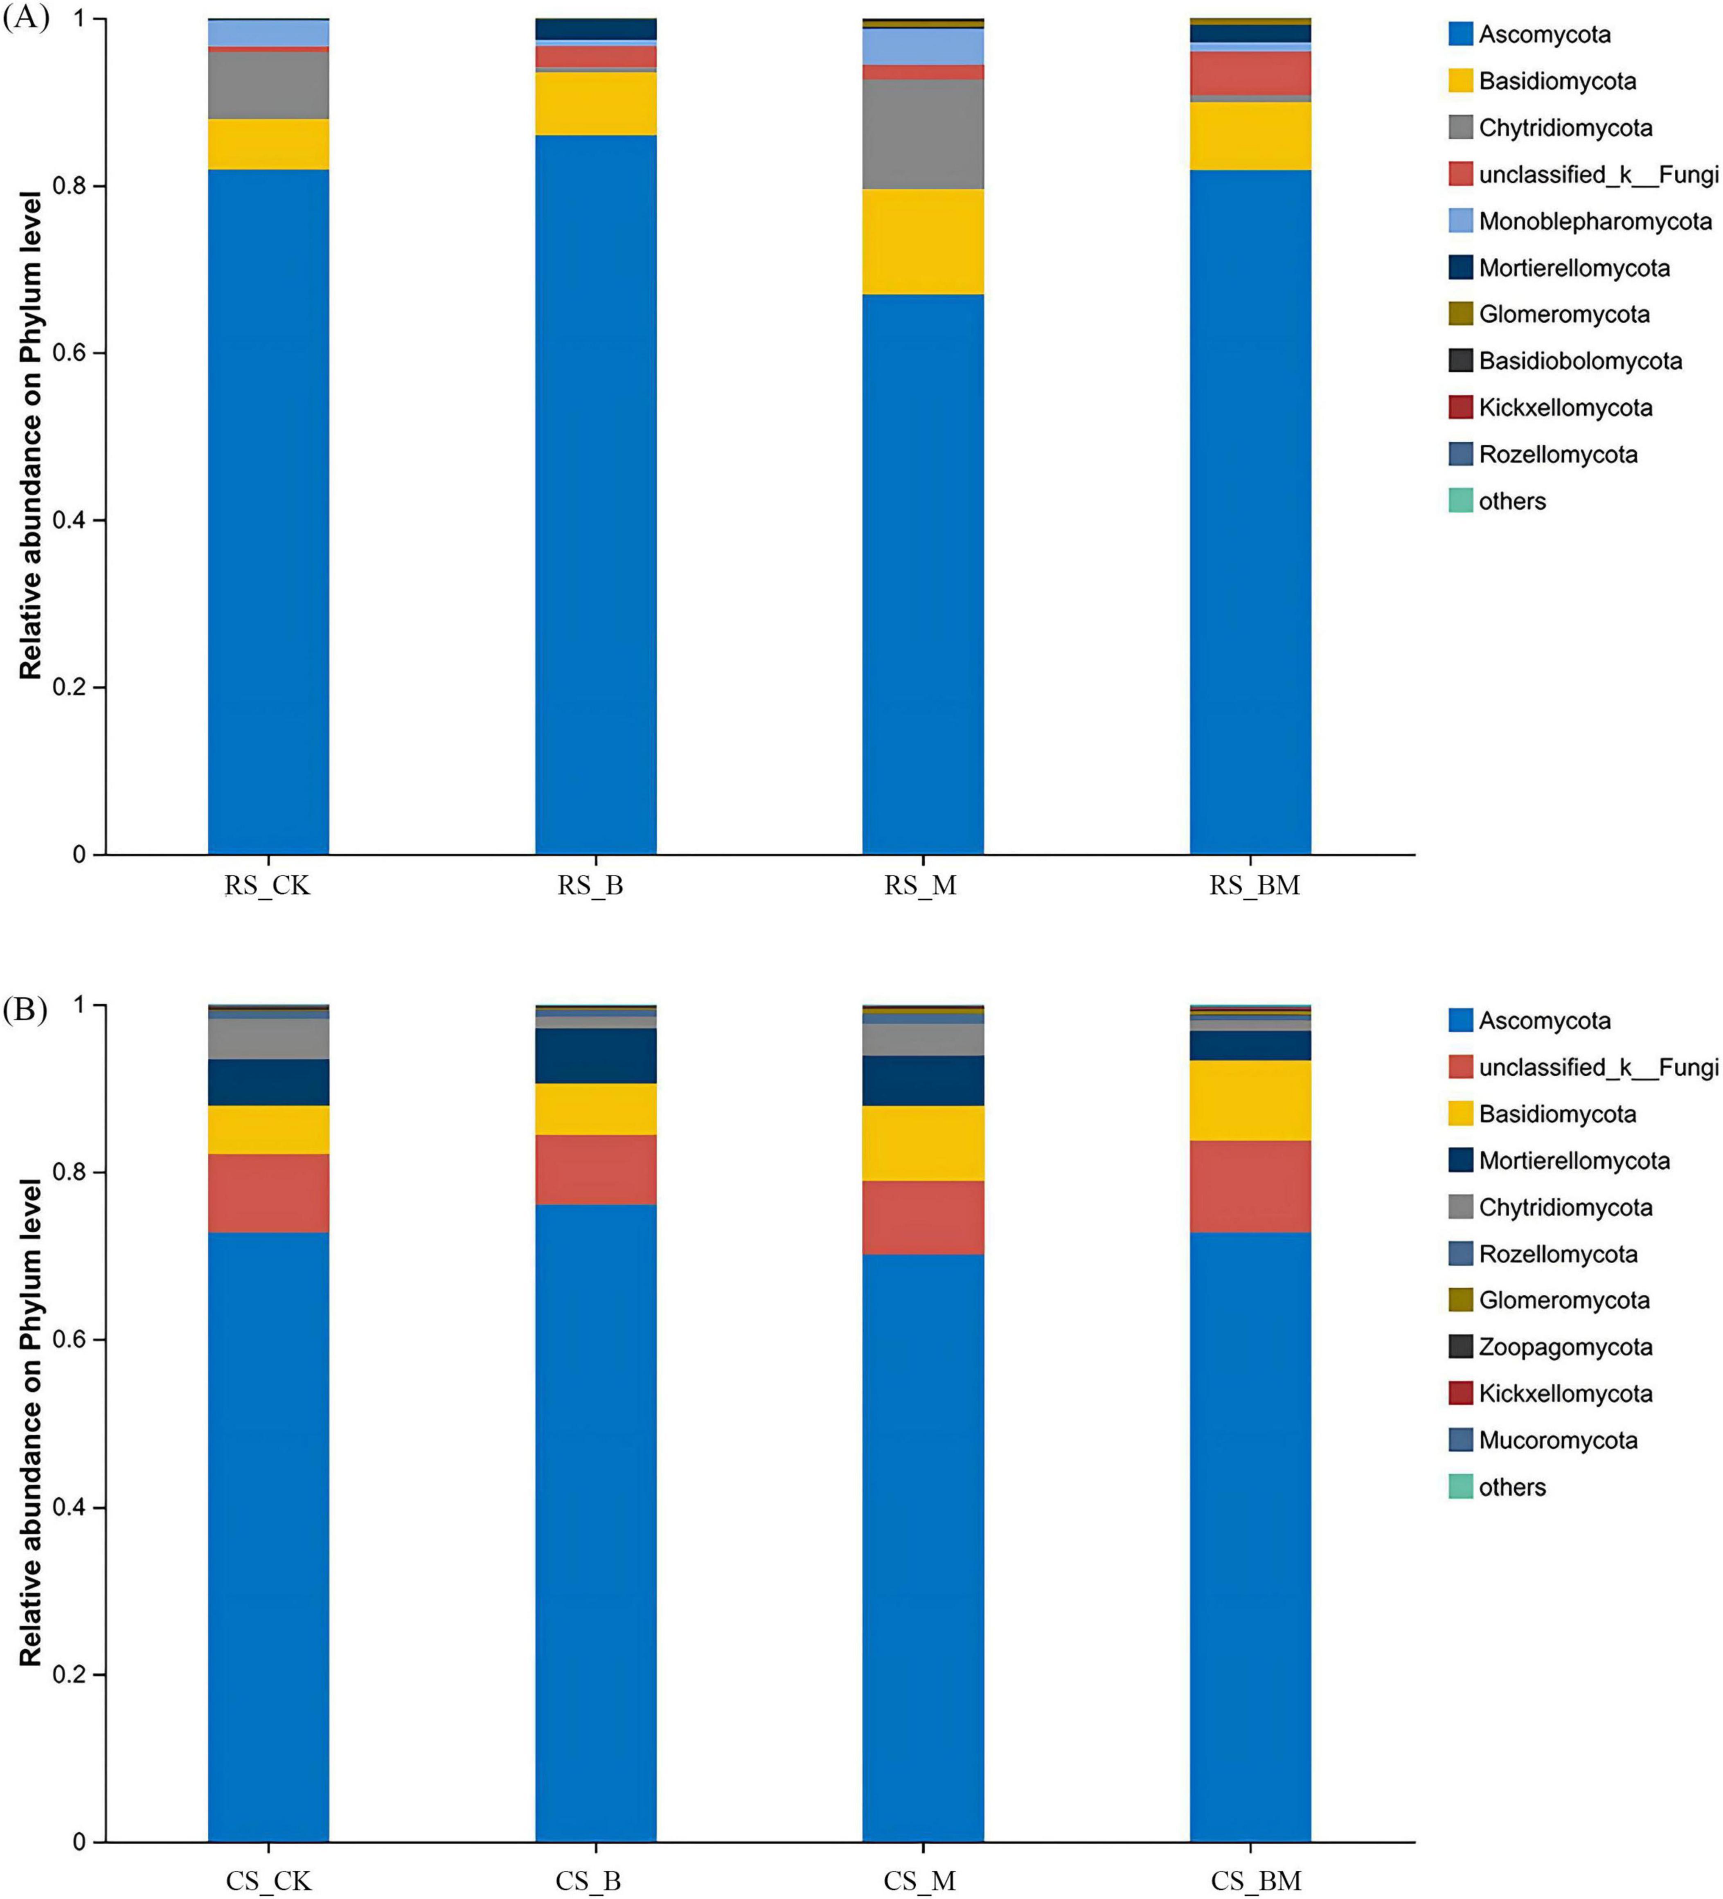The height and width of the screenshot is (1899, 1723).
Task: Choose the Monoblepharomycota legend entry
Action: [1594, 221]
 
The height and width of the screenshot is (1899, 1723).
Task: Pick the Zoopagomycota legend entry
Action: [1565, 1347]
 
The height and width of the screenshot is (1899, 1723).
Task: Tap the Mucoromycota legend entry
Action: [1557, 1440]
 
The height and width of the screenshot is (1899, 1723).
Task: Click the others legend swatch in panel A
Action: [1460, 501]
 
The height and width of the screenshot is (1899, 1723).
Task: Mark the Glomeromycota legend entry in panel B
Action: [1564, 1301]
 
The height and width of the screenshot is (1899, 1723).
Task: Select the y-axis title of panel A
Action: [31, 435]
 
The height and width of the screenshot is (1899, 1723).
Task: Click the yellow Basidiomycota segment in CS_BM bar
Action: [1250, 1100]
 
